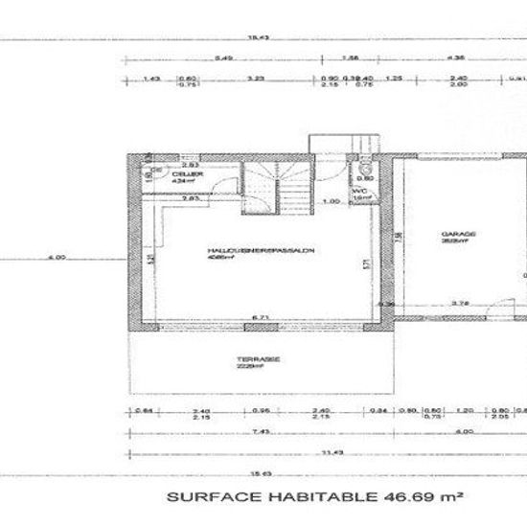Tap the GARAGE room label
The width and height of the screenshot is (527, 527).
click(x=453, y=233)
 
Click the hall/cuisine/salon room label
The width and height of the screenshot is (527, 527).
click(x=261, y=251)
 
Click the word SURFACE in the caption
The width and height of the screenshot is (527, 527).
click(x=206, y=498)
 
